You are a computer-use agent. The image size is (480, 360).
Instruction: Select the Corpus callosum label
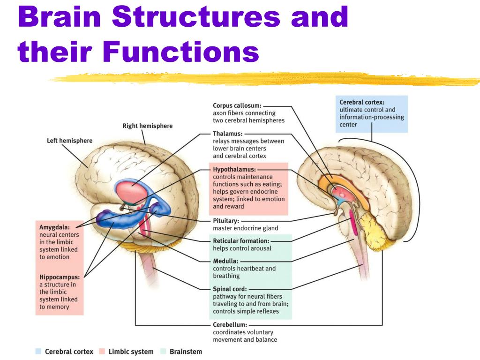237,106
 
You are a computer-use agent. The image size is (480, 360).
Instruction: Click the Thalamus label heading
227,134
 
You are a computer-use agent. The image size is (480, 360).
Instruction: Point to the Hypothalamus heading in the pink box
234,169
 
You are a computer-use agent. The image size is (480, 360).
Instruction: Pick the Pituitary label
226,220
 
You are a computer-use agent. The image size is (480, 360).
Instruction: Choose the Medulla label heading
225,261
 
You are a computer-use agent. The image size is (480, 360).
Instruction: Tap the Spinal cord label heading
230,289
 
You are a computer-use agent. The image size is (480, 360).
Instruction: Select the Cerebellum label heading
229,324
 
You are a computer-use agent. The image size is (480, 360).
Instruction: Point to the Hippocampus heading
59,277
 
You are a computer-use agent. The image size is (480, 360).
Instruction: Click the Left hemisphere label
69,141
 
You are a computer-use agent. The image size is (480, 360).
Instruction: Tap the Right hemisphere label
147,126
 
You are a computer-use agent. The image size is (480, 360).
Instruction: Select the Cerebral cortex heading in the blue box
362,102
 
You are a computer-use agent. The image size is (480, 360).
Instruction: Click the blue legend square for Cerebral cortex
38,351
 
